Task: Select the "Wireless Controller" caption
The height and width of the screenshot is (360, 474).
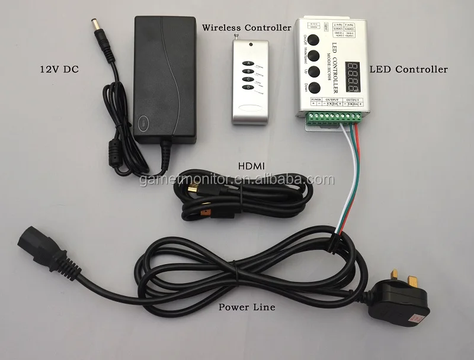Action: (x=246, y=27)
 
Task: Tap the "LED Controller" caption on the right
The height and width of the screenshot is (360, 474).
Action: (x=409, y=69)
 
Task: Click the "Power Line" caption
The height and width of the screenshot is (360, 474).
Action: (x=246, y=307)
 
